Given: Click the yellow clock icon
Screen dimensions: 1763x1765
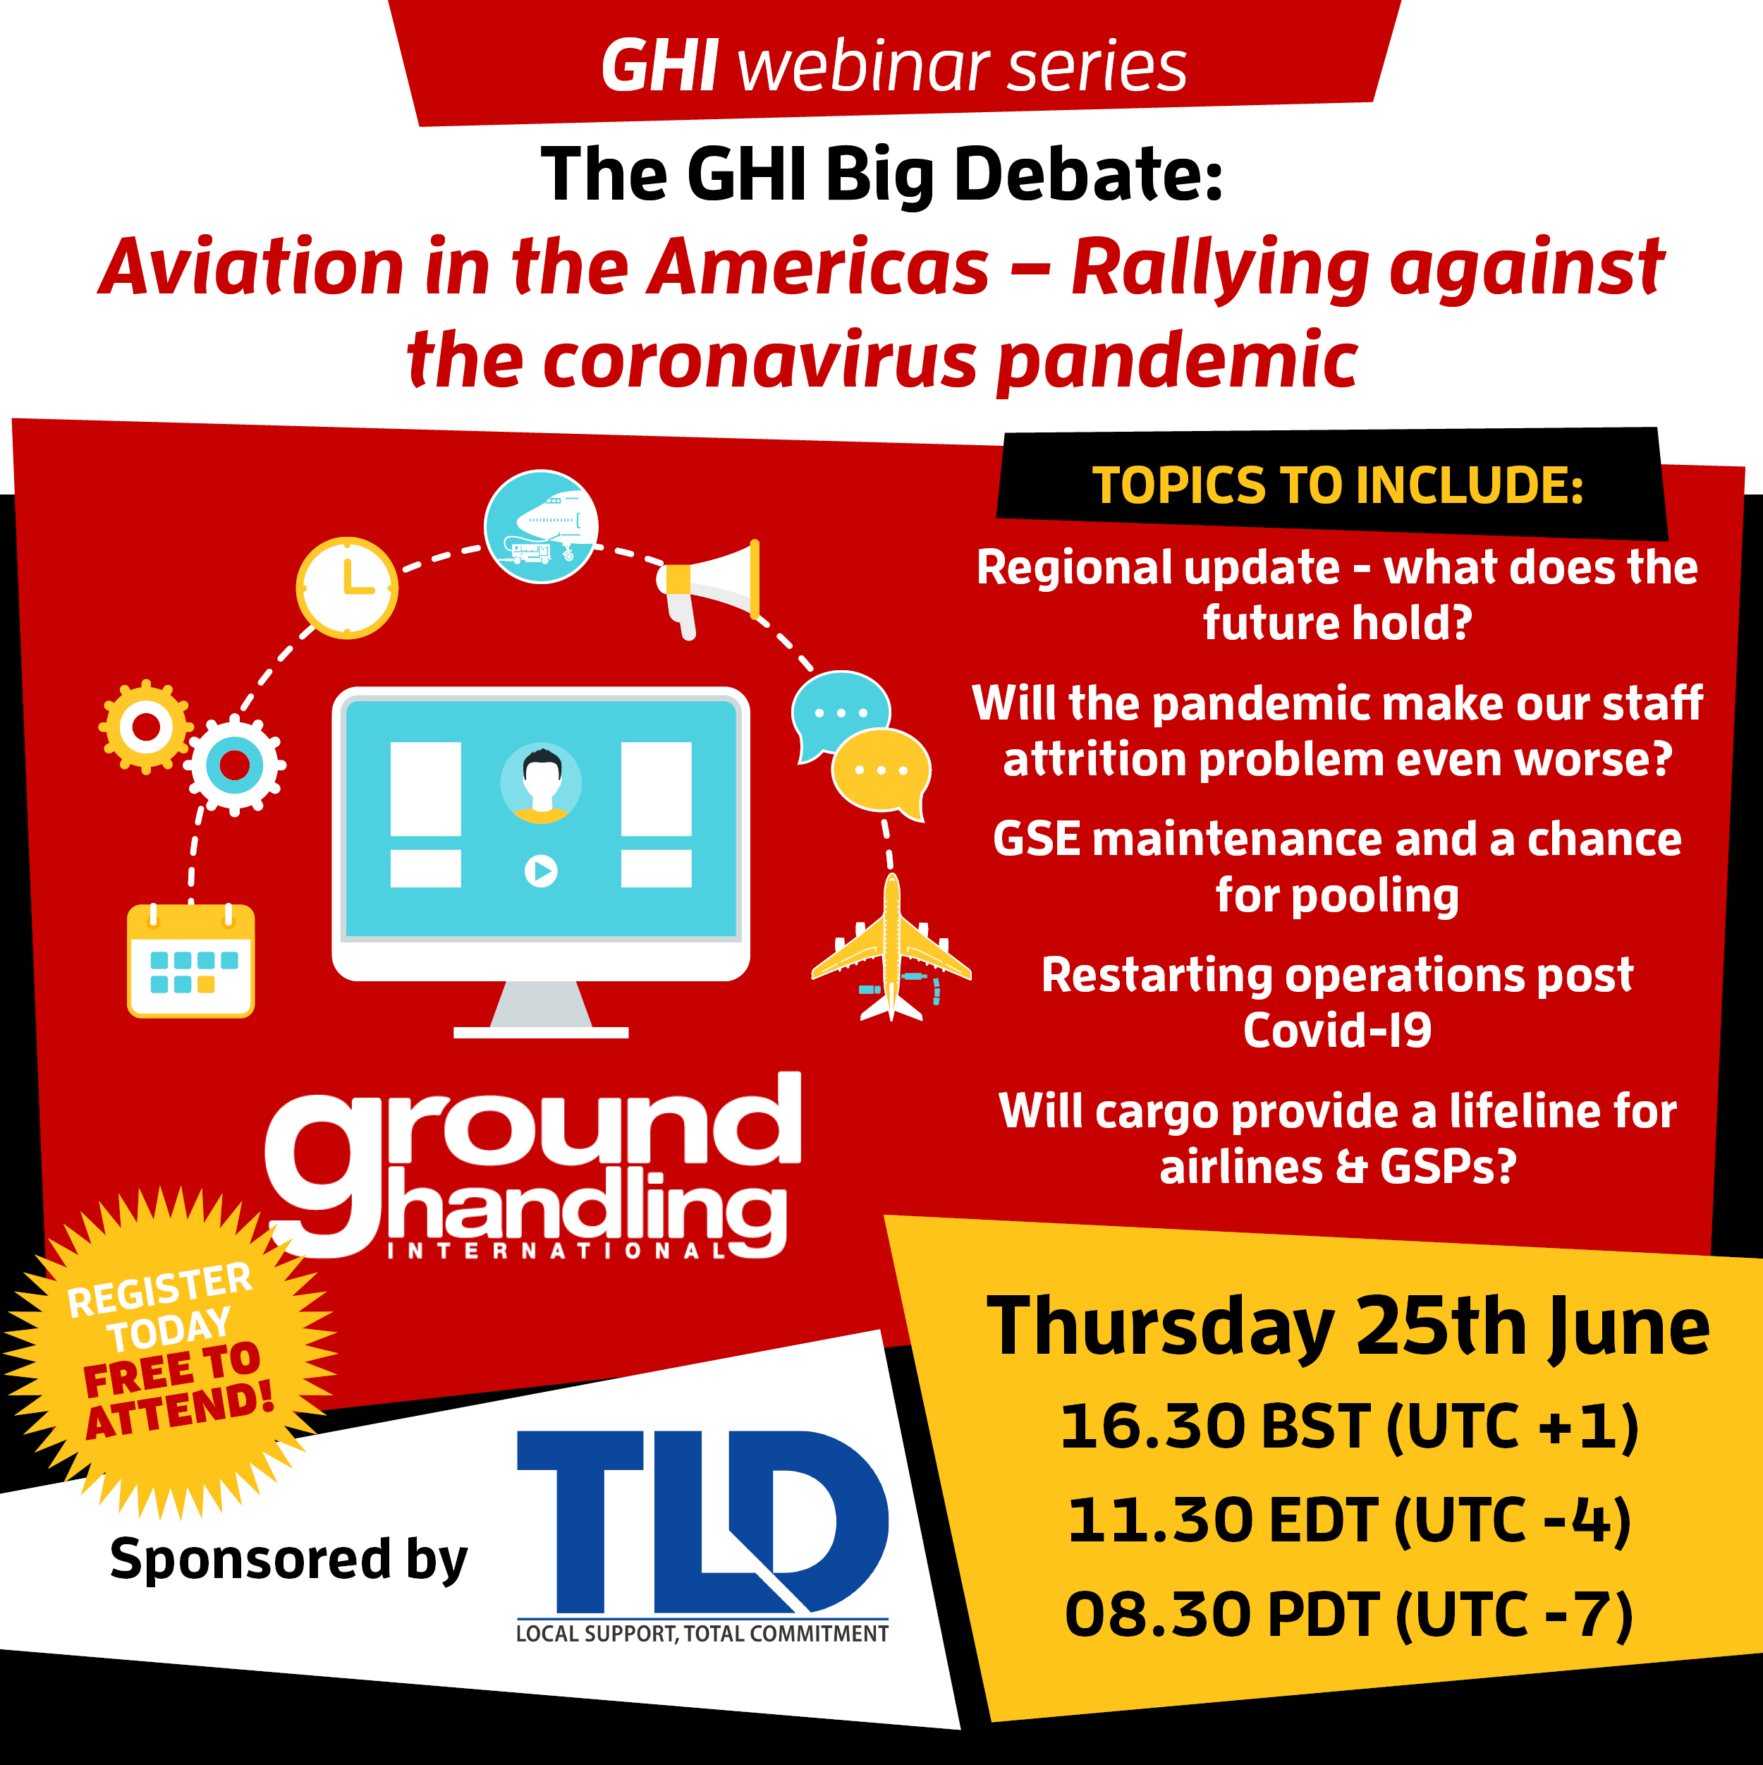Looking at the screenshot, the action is point(347,588).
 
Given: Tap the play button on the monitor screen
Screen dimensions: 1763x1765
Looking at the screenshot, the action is point(541,871).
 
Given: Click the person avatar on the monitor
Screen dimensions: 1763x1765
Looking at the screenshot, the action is point(542,783).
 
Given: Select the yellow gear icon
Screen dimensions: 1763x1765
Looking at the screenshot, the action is point(146,727).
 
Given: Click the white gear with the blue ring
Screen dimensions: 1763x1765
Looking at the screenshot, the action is point(236,765).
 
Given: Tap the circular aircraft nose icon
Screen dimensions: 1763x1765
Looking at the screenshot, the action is point(541,527).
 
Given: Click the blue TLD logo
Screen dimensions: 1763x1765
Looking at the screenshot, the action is point(702,1536).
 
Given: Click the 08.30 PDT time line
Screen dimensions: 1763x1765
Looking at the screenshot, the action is point(1348,1615).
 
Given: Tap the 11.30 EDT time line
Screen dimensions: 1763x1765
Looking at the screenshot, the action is point(1349,1521).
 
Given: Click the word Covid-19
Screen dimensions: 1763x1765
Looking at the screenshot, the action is point(1337,1031).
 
